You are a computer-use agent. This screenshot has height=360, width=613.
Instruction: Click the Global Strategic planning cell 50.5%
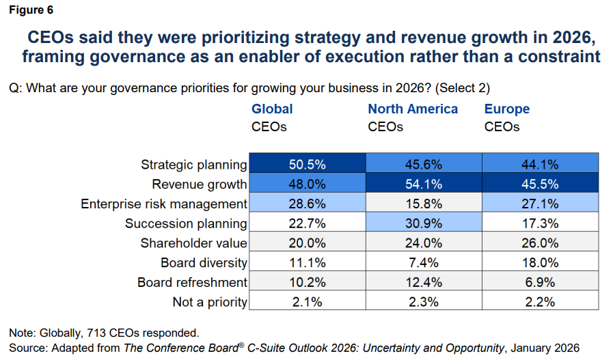click(x=307, y=164)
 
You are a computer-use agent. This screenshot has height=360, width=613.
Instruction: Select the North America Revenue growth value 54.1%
click(x=424, y=184)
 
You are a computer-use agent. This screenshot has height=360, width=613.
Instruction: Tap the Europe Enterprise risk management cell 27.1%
click(x=541, y=204)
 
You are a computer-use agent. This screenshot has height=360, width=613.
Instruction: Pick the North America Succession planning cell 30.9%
click(x=424, y=223)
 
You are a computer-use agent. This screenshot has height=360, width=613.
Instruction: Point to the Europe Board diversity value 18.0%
click(x=541, y=262)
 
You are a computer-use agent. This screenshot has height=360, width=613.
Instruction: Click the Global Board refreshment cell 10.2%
click(x=307, y=282)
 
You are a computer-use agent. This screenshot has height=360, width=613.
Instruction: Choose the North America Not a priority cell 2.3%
click(x=424, y=302)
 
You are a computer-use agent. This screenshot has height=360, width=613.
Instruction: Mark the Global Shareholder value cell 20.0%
click(x=307, y=243)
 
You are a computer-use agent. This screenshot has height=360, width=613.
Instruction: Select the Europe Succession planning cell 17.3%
click(x=541, y=223)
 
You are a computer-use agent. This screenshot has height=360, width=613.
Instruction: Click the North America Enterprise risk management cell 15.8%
click(x=424, y=204)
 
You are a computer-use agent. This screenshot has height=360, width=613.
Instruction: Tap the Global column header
click(x=272, y=109)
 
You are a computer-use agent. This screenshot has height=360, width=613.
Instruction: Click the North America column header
click(x=413, y=109)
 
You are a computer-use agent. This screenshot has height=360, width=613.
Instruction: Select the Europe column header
click(x=507, y=109)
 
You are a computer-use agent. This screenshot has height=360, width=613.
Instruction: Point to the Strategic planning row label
click(x=193, y=165)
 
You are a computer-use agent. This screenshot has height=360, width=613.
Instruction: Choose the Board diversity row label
click(x=204, y=263)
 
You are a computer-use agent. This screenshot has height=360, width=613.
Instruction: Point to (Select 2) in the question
click(x=463, y=87)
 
